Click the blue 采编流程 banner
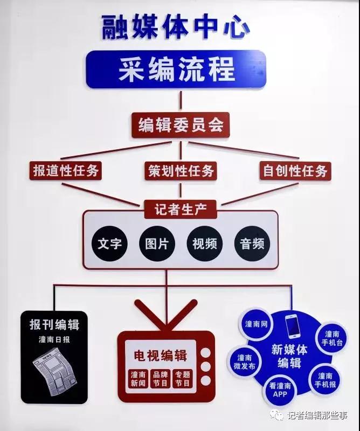coord(176,69)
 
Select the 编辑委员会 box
coord(181,125)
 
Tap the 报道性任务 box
coord(65,171)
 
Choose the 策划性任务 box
coord(181,171)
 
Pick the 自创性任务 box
coord(295,171)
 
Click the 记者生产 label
coord(181,210)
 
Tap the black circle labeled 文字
coord(109,244)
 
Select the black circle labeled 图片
coord(157,244)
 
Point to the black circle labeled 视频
coord(205,244)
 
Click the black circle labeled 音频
coord(252,244)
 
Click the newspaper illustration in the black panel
coord(56,371)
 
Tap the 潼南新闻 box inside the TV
coord(138,379)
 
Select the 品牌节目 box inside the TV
coord(161,379)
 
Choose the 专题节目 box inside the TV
coord(183,379)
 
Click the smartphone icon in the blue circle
coord(292,326)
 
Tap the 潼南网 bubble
coord(256,324)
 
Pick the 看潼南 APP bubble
coord(280,390)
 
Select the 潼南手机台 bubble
coord(332,338)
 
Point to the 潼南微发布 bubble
coord(244,362)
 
